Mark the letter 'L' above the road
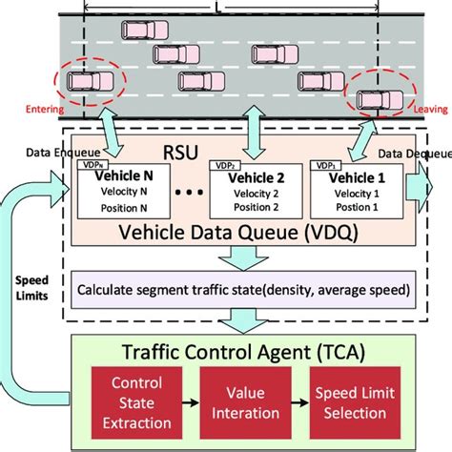245,7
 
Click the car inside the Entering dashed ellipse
88,84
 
